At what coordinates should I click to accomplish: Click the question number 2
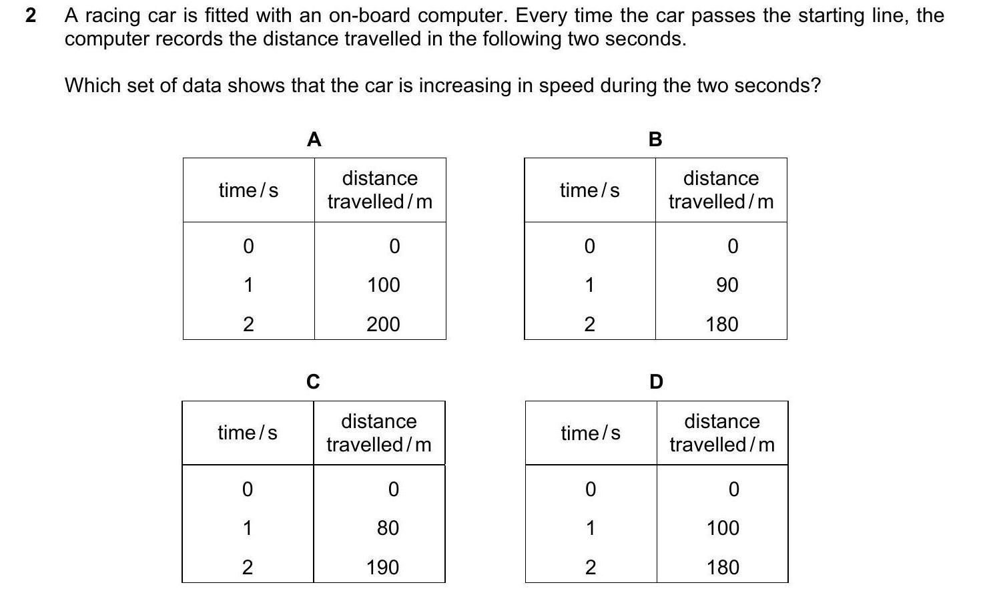point(31,15)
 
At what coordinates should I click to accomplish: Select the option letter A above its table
point(314,140)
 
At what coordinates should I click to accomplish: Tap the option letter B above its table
point(655,140)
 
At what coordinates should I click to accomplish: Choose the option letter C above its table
point(312,382)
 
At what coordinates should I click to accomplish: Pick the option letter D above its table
point(656,382)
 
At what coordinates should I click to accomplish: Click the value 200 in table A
point(383,325)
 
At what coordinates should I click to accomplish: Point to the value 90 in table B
point(727,285)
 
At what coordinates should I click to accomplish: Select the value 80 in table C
point(388,528)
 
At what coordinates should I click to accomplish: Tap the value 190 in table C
point(382,568)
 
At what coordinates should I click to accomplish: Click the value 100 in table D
point(723,528)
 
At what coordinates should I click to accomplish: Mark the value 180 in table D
point(723,568)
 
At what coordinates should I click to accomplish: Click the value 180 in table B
point(722,325)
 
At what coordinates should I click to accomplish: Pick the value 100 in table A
point(383,285)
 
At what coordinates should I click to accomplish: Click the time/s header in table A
point(248,190)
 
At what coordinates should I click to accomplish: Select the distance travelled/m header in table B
point(721,190)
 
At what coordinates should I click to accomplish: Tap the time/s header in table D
point(591,433)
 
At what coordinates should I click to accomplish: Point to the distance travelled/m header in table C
point(378,433)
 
